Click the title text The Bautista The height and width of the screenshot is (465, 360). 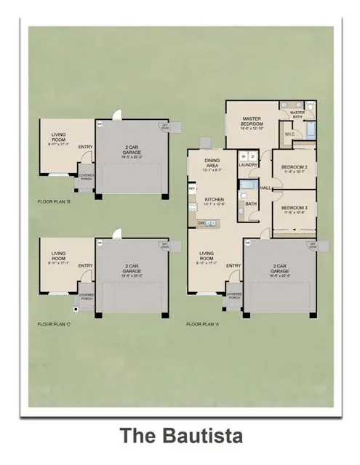180,436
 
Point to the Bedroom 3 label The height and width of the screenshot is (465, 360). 295,207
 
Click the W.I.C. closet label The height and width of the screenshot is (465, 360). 289,134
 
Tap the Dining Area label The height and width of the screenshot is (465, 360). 212,165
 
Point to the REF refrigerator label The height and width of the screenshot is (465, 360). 192,188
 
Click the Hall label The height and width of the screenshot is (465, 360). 266,187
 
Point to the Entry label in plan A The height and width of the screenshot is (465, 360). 233,266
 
